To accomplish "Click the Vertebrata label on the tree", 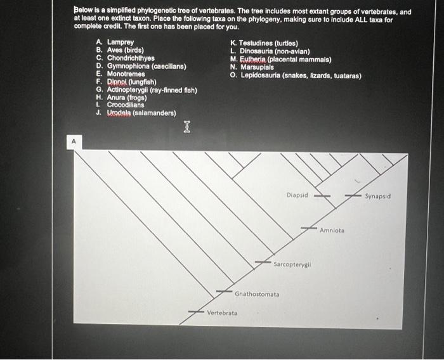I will tap(222, 313).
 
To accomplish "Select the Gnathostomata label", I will tap(257, 294).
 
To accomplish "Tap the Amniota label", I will tap(332, 230).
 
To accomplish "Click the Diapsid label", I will tap(297, 195).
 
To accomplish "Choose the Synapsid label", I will tap(377, 196).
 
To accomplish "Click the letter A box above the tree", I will tap(73, 143).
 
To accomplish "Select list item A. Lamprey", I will tap(115, 42).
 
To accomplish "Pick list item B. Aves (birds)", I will tap(120, 49).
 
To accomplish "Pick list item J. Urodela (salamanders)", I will tap(136, 113).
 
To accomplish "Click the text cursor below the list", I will tap(186, 127).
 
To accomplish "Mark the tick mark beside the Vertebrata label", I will tap(195, 311).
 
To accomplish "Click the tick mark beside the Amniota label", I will tap(309, 227).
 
